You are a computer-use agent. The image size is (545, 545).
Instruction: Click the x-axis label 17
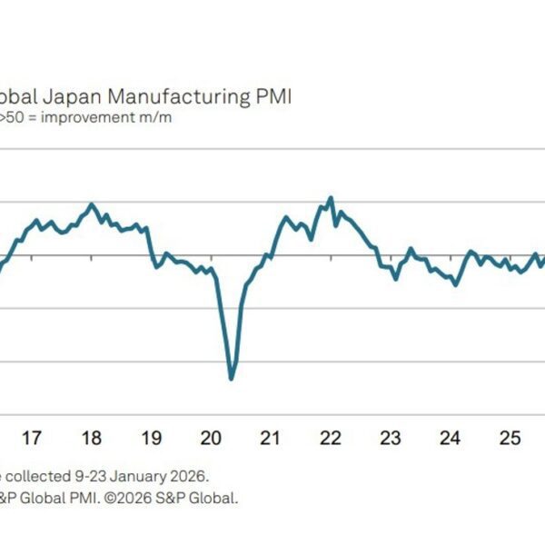click(31, 439)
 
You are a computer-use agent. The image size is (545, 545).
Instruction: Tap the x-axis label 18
click(91, 439)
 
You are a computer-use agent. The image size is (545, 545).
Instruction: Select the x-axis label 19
click(151, 439)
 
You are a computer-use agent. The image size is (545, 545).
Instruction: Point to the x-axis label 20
click(211, 439)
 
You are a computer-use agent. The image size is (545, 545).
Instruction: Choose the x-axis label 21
click(270, 439)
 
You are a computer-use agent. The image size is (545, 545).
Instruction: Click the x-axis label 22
click(331, 439)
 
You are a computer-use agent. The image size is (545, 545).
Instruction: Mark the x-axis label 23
click(391, 439)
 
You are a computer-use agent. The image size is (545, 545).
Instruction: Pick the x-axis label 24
click(451, 439)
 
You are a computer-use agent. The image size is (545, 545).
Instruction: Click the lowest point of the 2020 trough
click(232, 378)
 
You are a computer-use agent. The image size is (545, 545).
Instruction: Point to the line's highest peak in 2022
click(331, 197)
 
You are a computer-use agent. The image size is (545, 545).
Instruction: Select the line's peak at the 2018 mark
click(92, 204)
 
